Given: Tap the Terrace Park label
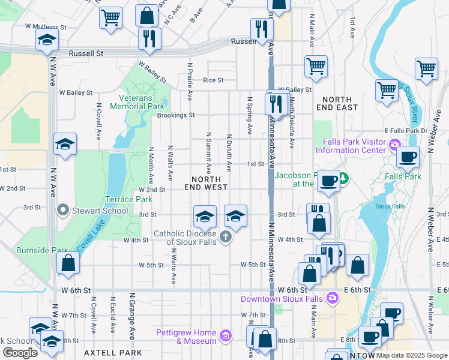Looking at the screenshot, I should [128, 199].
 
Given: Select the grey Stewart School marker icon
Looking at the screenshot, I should [62, 210].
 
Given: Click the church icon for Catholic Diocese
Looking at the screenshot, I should [226, 237].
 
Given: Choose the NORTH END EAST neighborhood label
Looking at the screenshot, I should [339, 103].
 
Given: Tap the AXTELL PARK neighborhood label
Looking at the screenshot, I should [113, 353].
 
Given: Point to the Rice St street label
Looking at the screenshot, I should [212, 80].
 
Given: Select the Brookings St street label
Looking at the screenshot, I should [176, 115].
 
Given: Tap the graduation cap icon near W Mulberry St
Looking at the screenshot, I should [46, 41].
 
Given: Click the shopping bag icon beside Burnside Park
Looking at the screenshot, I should [68, 262].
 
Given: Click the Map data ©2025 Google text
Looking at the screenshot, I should [412, 355].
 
